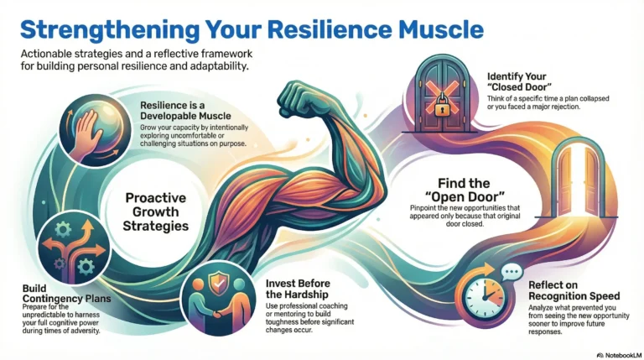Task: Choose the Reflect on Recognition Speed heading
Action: pyautogui.click(x=574, y=291)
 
